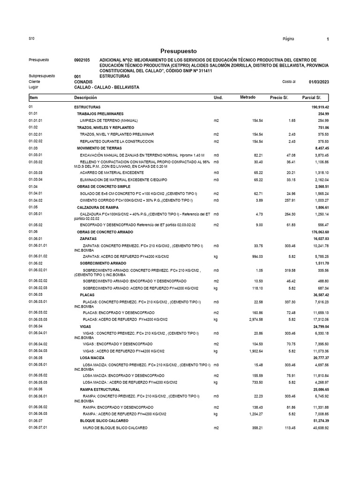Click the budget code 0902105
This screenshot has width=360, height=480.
tap(82, 60)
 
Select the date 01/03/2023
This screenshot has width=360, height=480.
tap(319, 82)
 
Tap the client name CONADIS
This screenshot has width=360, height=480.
tap(83, 82)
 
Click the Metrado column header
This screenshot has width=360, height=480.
tap(247, 97)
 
